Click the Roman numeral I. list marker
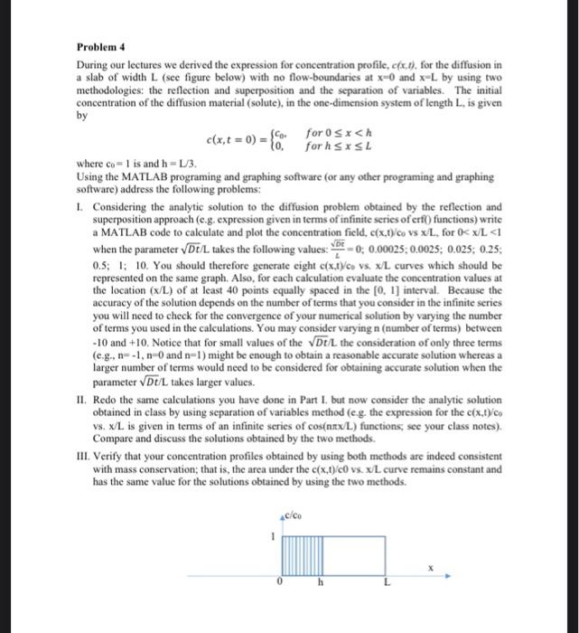coord(79,206)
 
